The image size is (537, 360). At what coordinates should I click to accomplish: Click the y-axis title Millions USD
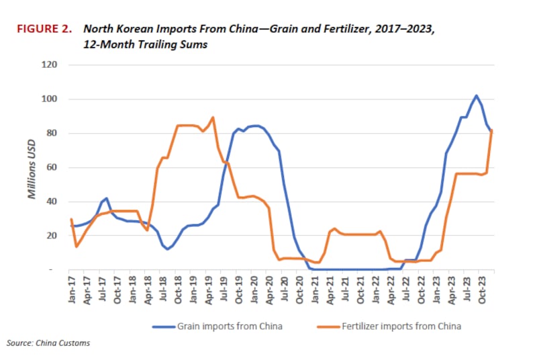click(31, 167)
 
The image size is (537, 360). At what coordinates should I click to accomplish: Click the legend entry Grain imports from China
click(222, 326)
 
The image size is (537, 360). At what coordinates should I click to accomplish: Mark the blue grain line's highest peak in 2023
click(476, 95)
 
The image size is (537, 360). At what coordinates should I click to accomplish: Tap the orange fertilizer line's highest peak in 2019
click(213, 118)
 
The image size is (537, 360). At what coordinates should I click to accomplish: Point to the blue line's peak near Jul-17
click(106, 198)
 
